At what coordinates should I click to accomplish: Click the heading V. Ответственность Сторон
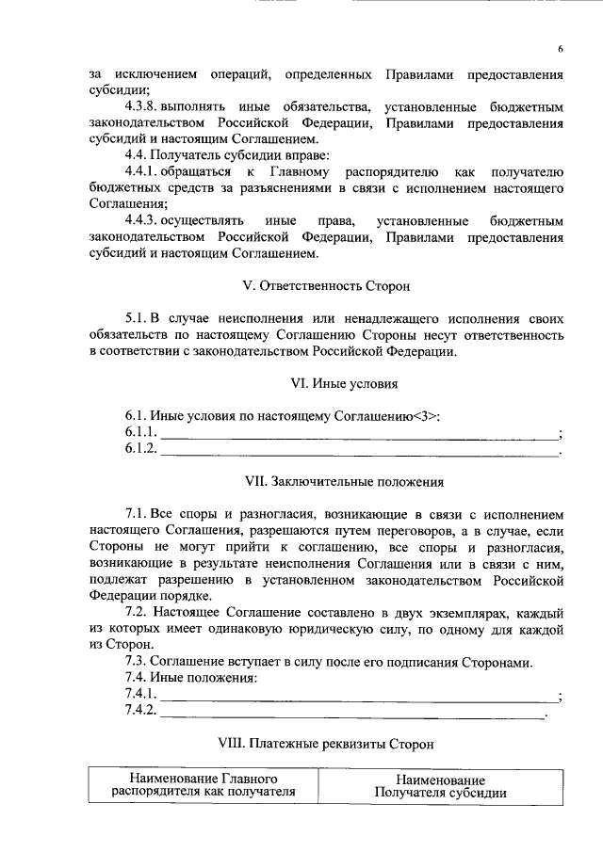pos(326,284)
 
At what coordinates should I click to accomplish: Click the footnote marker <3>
pos(427,415)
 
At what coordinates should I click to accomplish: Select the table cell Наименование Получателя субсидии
pos(440,786)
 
